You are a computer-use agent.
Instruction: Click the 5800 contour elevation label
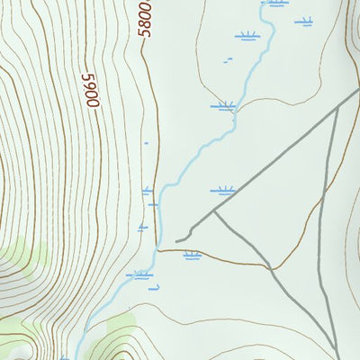pos(146,18)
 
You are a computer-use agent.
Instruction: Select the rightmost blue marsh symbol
pos(304,21)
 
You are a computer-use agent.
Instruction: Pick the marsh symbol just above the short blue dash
pos(247,37)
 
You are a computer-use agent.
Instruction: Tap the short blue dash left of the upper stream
pos(229,59)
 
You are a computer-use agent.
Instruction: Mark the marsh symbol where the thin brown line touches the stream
pos(222,106)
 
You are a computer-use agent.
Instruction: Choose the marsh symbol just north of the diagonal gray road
pos(222,191)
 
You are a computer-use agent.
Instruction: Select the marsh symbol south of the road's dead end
pos(191,256)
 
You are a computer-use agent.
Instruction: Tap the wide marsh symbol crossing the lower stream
pos(139,274)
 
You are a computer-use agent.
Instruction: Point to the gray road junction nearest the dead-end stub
pos(214,213)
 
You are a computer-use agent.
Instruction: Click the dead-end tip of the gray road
pos(177,240)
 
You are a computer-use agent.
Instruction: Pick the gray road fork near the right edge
pos(337,109)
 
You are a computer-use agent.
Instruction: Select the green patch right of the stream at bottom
pos(121,326)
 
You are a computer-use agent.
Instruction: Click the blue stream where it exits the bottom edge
pos(76,357)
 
